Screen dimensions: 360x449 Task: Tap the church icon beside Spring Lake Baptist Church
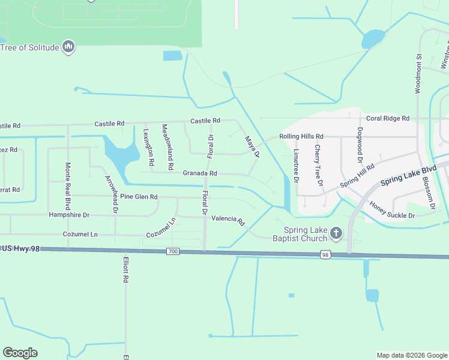pyautogui.click(x=336, y=232)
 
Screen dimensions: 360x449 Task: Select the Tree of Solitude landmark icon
pyautogui.click(x=68, y=46)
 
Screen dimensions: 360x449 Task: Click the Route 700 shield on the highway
pyautogui.click(x=173, y=251)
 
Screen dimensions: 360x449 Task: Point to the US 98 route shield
pyautogui.click(x=325, y=255)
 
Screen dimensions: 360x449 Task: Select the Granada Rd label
pyautogui.click(x=200, y=173)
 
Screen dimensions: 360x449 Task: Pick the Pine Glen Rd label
pyautogui.click(x=139, y=197)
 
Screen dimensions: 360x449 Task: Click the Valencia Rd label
pyautogui.click(x=232, y=220)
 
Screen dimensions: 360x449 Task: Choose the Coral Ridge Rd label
pyautogui.click(x=387, y=118)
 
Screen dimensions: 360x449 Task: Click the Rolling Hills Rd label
pyautogui.click(x=301, y=136)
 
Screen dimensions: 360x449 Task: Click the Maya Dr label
pyautogui.click(x=252, y=147)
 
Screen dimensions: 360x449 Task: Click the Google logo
pyautogui.click(x=20, y=353)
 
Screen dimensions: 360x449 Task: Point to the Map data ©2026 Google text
pyautogui.click(x=411, y=355)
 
